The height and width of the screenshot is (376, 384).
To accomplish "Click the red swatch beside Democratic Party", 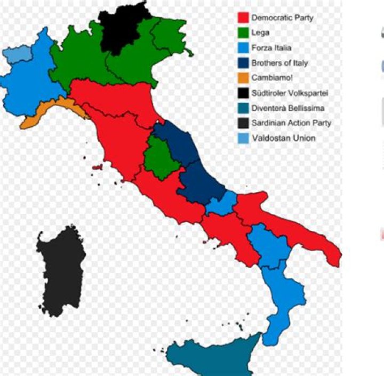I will (244, 18).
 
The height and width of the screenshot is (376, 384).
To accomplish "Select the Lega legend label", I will (260, 33).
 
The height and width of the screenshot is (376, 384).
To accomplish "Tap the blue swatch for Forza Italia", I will (244, 48).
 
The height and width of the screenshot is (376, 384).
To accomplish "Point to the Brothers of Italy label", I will (279, 63).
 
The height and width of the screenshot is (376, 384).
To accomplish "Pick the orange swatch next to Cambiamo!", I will (244, 78).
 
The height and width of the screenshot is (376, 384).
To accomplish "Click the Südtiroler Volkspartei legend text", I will (290, 93).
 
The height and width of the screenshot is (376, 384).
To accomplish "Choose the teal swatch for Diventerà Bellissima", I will (244, 108).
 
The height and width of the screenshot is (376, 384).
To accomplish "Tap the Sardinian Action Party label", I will (291, 123).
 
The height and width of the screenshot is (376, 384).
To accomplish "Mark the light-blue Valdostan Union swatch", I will (244, 138).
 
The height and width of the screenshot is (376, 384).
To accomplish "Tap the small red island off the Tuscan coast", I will (97, 167).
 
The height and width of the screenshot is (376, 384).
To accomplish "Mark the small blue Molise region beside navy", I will (220, 203).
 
